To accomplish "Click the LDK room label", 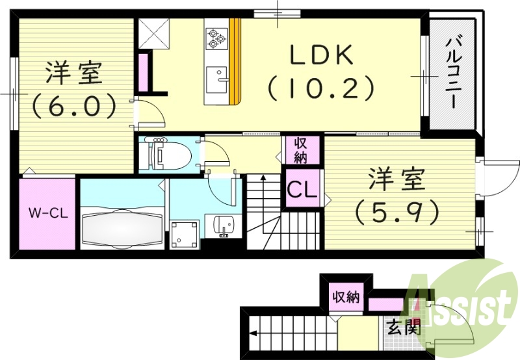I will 321,57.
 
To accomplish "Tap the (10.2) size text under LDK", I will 321,87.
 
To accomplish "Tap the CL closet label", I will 302,191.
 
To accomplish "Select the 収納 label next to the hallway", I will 301,150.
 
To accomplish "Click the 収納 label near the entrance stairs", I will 345,298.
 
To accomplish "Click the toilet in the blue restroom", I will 169,155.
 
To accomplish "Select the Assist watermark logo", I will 458,302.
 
